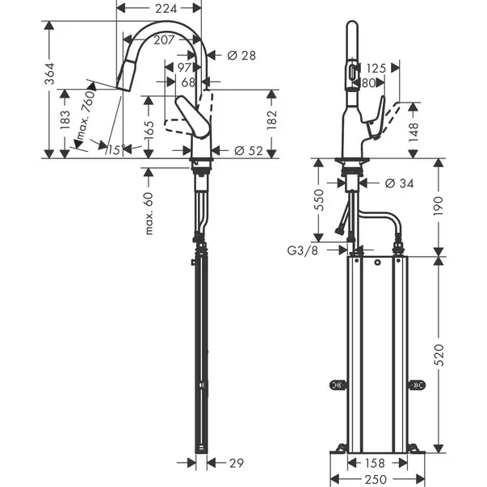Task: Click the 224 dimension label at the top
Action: pos(166,8)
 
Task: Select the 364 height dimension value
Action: pos(50,73)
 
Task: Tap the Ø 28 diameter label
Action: pos(241,56)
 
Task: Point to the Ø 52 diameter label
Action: pos(249,151)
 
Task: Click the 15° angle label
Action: pos(116,149)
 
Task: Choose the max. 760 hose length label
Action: pos(85,115)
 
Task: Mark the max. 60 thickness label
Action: pos(149,213)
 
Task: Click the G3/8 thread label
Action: pos(303,250)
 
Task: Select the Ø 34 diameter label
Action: pos(399,183)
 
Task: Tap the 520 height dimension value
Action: pos(440,355)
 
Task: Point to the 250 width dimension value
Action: pos(376,479)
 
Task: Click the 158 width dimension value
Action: pos(375,463)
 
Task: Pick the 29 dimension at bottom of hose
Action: pos(237,463)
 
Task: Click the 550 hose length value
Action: pos(319,200)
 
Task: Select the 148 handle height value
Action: pos(414,132)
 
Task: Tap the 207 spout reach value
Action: pos(164,40)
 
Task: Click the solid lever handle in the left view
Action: pos(192,116)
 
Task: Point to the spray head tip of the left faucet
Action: pos(123,88)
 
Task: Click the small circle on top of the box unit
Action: pos(377,262)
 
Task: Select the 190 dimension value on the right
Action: pos(439,206)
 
